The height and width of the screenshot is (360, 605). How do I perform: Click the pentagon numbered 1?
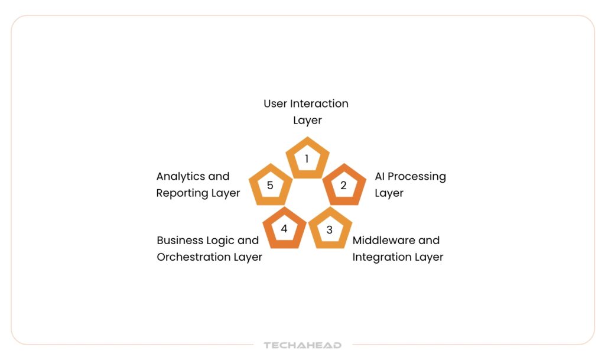307,158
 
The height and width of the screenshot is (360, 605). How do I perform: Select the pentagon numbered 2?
343,185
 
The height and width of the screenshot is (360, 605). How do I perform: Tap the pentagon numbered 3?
330,229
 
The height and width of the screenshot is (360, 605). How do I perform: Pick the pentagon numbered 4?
284,229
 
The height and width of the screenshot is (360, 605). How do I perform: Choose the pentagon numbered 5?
270,185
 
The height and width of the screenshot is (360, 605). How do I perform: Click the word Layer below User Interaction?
307,121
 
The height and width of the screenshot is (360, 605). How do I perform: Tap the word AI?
380,176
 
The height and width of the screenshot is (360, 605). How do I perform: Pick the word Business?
179,241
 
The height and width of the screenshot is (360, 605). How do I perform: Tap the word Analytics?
181,177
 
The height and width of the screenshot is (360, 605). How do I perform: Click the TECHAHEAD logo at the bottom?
302,345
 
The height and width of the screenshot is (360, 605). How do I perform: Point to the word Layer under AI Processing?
389,193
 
